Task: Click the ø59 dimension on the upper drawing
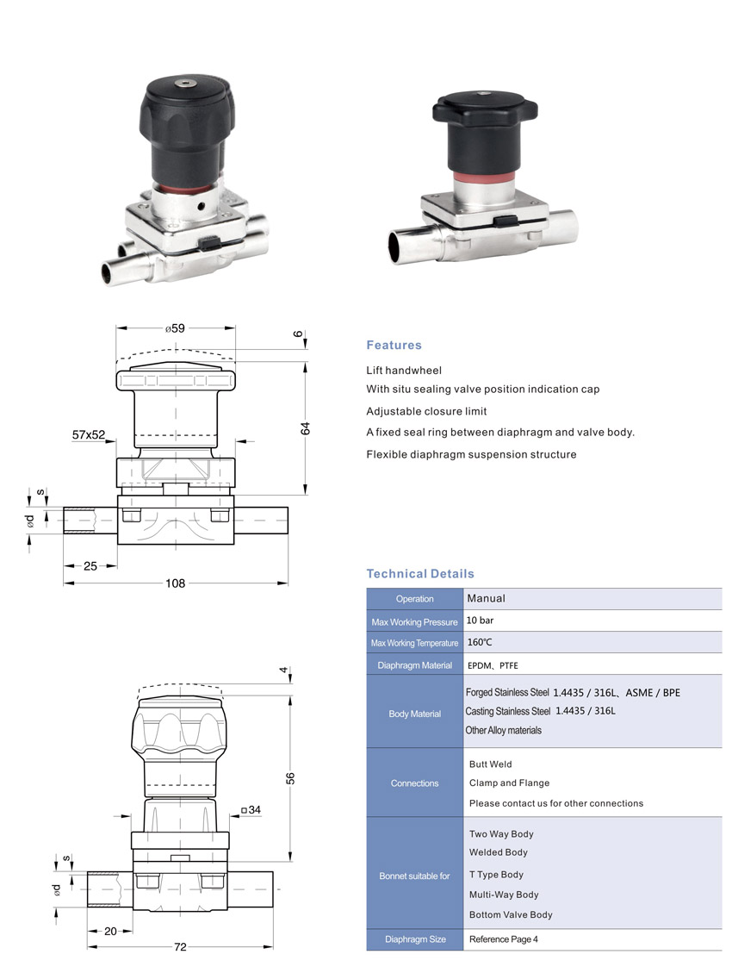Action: point(175,328)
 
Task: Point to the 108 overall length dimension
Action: point(176,583)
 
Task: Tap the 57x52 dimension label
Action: point(89,435)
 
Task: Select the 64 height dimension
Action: point(305,428)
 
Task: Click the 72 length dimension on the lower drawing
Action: point(180,947)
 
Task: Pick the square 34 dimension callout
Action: point(251,810)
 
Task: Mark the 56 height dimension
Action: point(290,778)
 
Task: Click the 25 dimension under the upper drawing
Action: point(90,566)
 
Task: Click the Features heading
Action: point(394,345)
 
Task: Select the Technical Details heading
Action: point(420,574)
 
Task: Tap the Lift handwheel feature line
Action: point(404,371)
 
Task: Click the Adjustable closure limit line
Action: point(426,411)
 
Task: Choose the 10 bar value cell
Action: point(481,621)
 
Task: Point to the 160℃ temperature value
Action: point(480,642)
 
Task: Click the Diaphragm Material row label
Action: point(414,665)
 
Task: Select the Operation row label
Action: point(414,599)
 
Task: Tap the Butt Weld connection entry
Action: point(491,764)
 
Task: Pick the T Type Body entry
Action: point(497,875)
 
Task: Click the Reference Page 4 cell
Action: point(503,939)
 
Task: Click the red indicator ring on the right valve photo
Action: point(483,178)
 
